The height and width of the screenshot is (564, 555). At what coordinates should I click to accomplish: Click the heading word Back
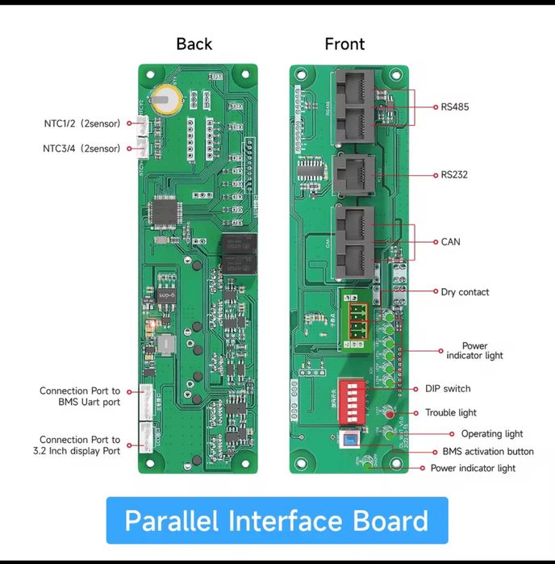(194, 44)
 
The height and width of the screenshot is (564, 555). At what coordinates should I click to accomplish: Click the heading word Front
(344, 44)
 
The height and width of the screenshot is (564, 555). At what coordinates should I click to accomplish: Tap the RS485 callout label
(455, 107)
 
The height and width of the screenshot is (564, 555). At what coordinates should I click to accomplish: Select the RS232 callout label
(455, 174)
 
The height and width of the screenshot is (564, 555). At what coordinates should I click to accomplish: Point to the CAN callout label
(451, 241)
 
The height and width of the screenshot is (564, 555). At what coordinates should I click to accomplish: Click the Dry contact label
(465, 292)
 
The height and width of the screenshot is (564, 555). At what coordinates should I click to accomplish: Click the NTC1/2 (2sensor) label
(82, 123)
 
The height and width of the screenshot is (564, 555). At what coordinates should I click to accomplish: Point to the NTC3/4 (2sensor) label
(81, 148)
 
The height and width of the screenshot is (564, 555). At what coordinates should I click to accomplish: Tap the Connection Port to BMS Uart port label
(80, 396)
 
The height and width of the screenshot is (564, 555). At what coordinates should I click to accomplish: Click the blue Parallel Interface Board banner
(277, 520)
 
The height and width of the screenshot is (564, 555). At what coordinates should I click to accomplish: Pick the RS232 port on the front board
(353, 174)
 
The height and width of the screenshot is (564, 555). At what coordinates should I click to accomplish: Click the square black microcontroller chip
(166, 213)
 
